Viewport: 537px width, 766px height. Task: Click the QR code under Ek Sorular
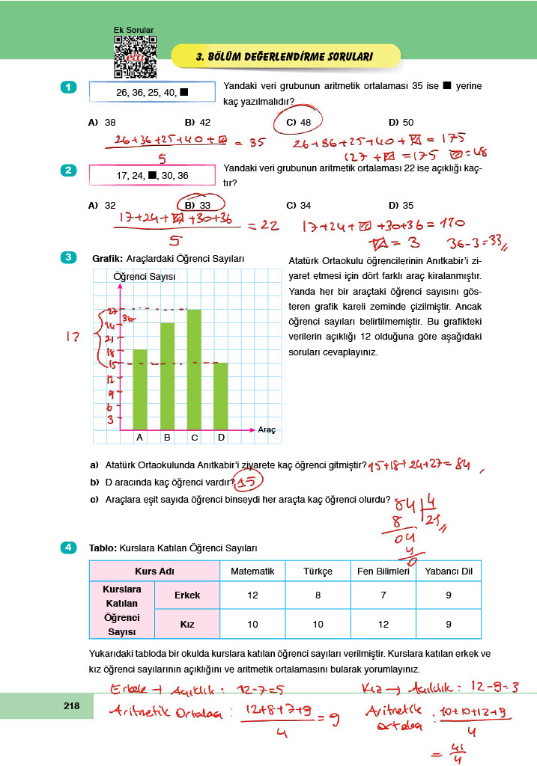(135, 57)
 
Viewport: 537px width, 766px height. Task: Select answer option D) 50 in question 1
(401, 122)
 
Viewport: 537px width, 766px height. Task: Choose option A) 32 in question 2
(101, 205)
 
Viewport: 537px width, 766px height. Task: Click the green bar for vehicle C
(194, 370)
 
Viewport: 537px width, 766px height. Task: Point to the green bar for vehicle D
(220, 396)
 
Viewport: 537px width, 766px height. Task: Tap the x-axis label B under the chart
(166, 438)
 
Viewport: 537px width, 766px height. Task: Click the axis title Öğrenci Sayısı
(144, 276)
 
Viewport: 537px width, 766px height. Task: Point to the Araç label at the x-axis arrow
(267, 430)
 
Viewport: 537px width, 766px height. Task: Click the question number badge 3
(68, 258)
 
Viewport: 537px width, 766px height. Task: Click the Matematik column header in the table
(252, 572)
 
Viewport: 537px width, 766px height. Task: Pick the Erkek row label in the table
(186, 595)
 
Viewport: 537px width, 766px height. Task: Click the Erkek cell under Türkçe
(318, 595)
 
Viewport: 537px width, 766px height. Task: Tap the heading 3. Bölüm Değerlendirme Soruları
(284, 56)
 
